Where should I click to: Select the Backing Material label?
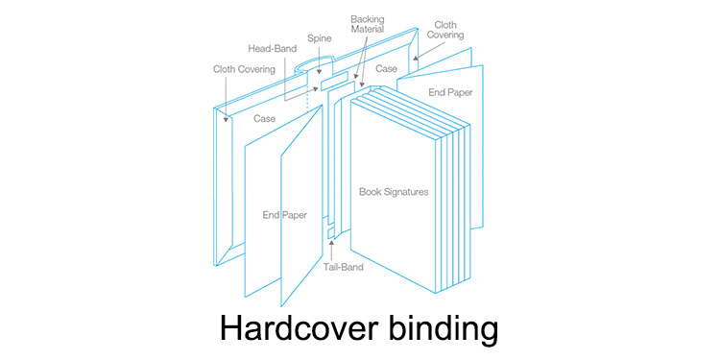coord(366,25)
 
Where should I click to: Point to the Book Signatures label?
coord(394,192)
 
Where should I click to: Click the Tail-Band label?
coord(343,267)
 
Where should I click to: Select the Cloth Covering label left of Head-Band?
coord(244,69)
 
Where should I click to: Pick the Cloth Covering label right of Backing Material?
coord(444,30)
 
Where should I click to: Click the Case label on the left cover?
coord(265,119)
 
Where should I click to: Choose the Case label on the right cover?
coord(387,69)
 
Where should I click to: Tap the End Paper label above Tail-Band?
coord(285,215)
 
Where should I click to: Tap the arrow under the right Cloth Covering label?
coord(415,55)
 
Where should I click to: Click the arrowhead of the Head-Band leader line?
coord(315,88)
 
